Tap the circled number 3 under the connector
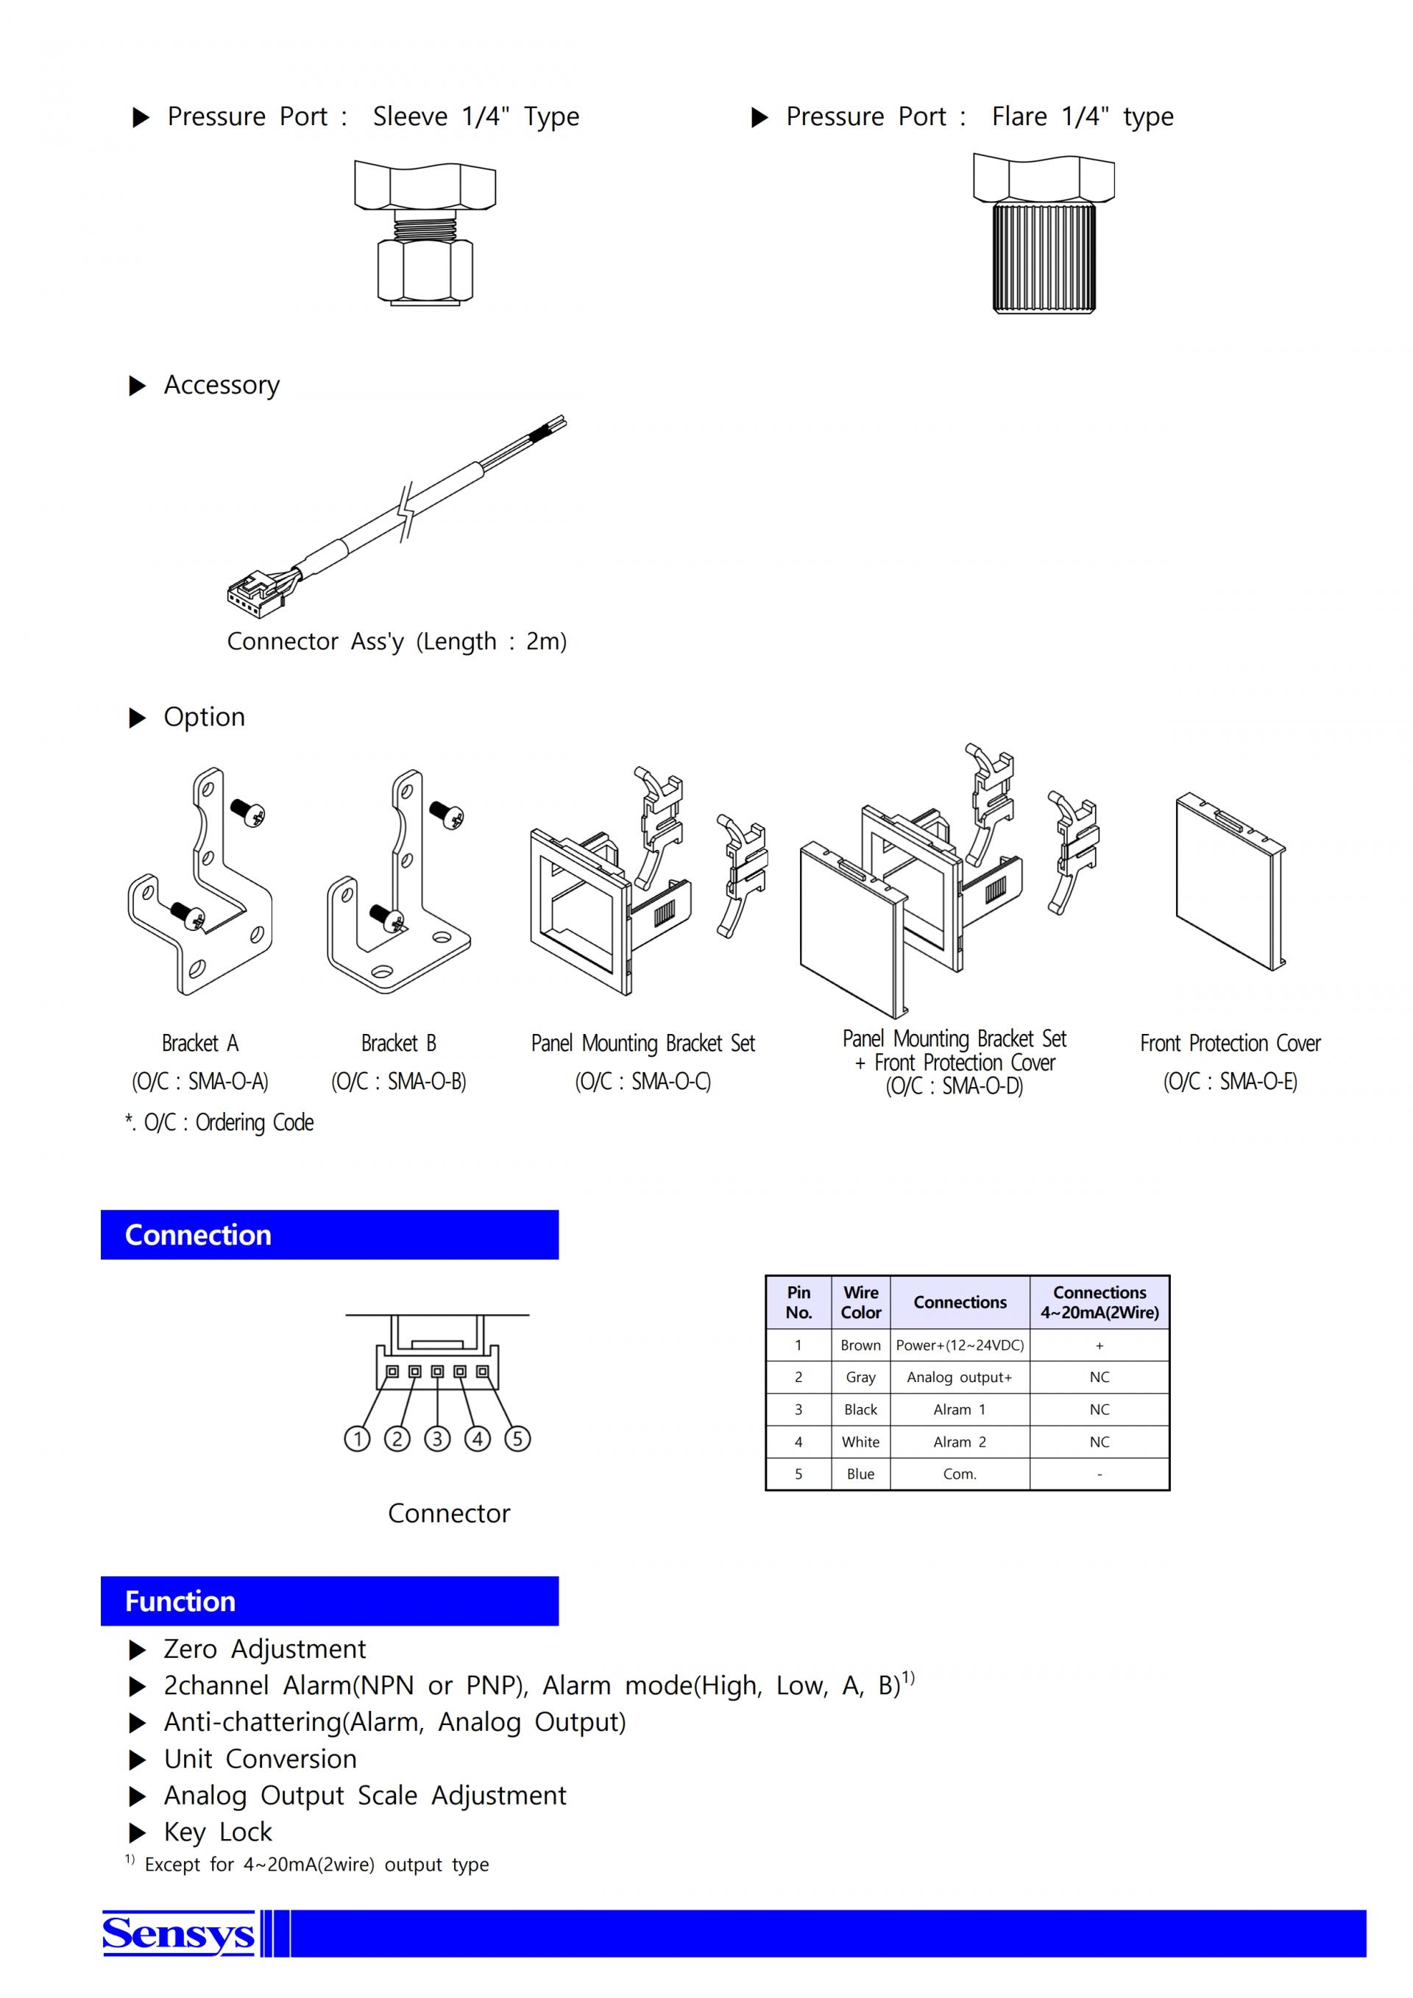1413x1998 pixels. pyautogui.click(x=436, y=1439)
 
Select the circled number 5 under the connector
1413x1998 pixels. pyautogui.click(x=517, y=1439)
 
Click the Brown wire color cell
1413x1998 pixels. pyautogui.click(x=860, y=1345)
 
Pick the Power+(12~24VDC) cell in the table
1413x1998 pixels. pyautogui.click(x=960, y=1345)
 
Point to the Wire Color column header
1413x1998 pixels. pyautogui.click(x=860, y=1302)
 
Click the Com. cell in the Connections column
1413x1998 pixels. pyautogui.click(x=960, y=1474)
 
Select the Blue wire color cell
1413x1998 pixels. pyautogui.click(x=860, y=1474)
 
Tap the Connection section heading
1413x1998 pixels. pyautogui.click(x=199, y=1235)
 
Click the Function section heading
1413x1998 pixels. pyautogui.click(x=180, y=1601)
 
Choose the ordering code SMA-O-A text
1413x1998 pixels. pyautogui.click(x=200, y=1082)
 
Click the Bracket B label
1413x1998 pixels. pyautogui.click(x=398, y=1043)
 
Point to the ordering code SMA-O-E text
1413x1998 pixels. pyautogui.click(x=1230, y=1082)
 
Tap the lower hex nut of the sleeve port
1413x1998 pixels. pyautogui.click(x=425, y=272)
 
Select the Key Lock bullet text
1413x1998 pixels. pyautogui.click(x=218, y=1832)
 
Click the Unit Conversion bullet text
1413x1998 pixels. pyautogui.click(x=260, y=1760)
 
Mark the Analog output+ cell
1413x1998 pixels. pyautogui.click(x=960, y=1377)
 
